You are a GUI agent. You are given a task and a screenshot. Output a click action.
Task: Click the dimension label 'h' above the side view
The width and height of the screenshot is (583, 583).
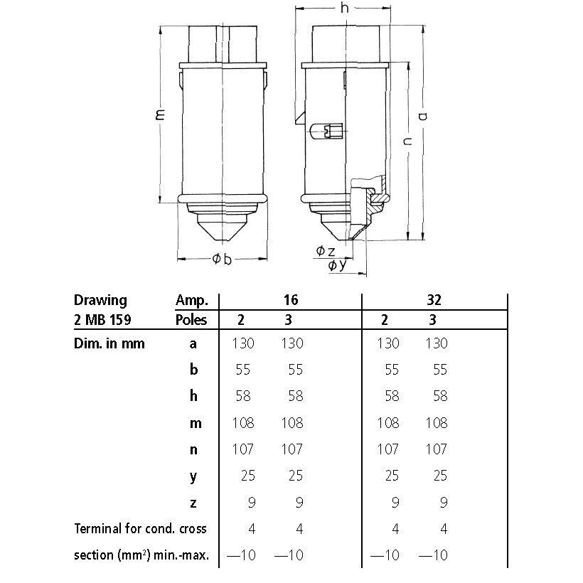(x=345, y=8)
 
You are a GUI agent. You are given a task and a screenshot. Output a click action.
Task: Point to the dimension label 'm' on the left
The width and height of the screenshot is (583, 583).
(x=160, y=114)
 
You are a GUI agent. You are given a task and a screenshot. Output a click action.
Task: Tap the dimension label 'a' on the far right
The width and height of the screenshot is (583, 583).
(x=423, y=116)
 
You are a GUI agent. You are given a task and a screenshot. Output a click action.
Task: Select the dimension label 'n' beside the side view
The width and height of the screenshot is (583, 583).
(x=408, y=141)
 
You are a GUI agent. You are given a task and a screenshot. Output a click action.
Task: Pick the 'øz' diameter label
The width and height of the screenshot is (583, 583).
(x=326, y=251)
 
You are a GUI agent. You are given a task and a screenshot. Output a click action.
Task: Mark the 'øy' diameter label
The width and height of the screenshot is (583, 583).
(x=337, y=264)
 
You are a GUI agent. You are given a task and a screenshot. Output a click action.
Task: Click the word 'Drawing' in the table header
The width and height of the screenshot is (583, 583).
(x=100, y=300)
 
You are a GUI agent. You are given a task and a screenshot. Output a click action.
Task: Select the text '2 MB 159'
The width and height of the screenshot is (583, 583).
(x=102, y=320)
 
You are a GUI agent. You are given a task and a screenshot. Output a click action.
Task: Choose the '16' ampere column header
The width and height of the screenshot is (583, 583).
(x=291, y=300)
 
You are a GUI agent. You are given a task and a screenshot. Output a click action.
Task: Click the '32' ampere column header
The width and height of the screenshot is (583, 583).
(x=434, y=300)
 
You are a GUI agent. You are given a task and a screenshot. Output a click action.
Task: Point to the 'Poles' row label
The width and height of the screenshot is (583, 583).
(x=191, y=320)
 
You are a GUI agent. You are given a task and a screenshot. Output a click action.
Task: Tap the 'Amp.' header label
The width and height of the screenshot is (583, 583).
(x=192, y=301)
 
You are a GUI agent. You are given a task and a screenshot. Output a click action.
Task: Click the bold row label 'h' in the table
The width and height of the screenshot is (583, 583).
(x=193, y=396)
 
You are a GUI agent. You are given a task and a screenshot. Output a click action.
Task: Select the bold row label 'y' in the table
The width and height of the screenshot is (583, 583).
(x=193, y=477)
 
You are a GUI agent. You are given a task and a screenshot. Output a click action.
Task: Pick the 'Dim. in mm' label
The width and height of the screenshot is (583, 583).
(x=109, y=343)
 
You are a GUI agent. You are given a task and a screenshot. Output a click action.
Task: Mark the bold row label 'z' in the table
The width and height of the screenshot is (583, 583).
(x=193, y=503)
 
